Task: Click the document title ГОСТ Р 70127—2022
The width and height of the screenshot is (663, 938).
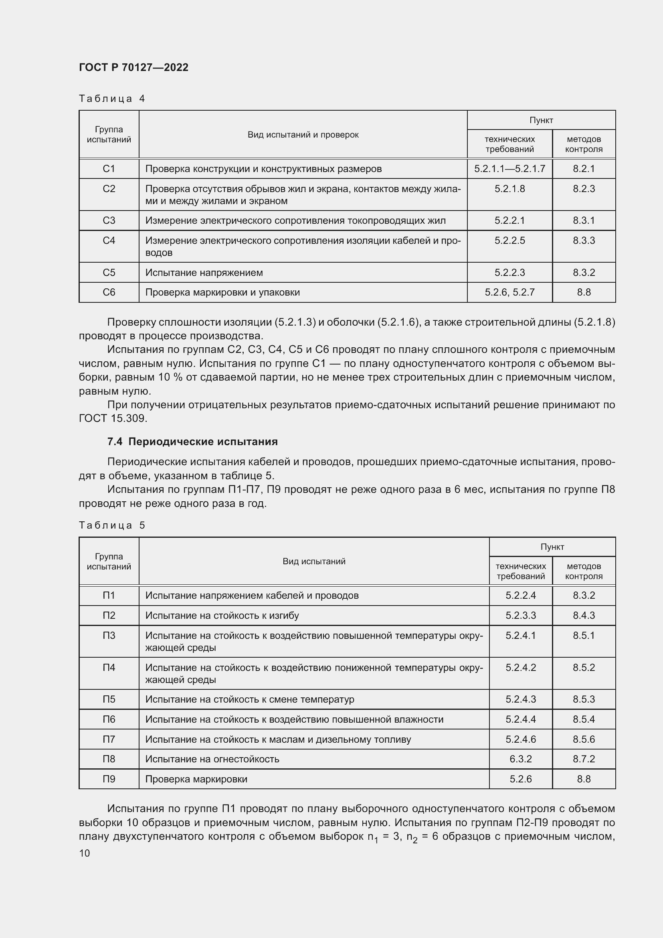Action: click(133, 67)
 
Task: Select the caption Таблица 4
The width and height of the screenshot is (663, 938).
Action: click(112, 99)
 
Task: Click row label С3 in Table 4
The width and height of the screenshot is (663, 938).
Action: click(109, 221)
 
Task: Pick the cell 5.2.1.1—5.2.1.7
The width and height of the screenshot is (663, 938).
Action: click(509, 169)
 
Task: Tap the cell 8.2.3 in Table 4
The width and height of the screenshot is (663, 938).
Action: click(583, 189)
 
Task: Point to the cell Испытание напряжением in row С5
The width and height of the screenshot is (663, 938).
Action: click(204, 272)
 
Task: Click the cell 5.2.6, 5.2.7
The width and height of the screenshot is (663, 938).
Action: click(509, 292)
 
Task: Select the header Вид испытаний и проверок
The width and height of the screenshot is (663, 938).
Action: click(303, 135)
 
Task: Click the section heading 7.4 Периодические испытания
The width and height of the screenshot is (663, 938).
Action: click(192, 442)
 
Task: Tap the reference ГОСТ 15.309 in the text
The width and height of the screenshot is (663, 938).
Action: click(113, 418)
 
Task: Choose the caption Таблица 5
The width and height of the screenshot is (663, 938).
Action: click(112, 525)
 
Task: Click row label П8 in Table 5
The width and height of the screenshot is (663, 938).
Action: click(109, 759)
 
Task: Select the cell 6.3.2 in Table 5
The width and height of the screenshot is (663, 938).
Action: click(520, 759)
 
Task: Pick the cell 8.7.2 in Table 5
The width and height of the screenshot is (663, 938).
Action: click(583, 759)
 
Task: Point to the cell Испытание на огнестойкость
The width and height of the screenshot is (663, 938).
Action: click(212, 759)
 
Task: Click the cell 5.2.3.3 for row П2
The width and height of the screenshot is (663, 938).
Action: click(520, 616)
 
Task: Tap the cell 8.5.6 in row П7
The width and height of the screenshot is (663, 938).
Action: click(583, 739)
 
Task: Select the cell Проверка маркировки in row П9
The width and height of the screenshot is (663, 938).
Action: click(196, 779)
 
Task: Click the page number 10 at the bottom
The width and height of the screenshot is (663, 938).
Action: click(85, 853)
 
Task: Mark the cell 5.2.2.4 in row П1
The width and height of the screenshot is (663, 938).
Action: click(520, 596)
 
